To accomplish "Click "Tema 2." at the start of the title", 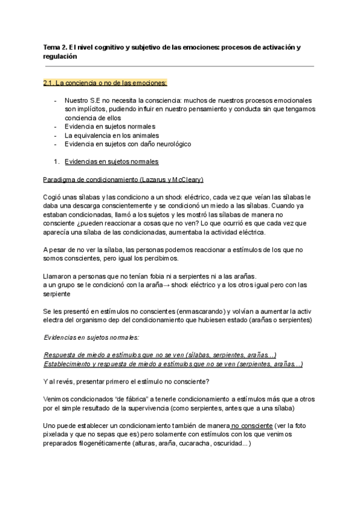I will tap(55, 46).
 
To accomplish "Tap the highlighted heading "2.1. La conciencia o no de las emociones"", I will tap(106, 83).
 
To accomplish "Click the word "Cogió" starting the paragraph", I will tap(53, 197).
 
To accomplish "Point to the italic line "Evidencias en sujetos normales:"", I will tap(91, 337).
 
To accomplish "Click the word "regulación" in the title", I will tap(61, 55).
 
